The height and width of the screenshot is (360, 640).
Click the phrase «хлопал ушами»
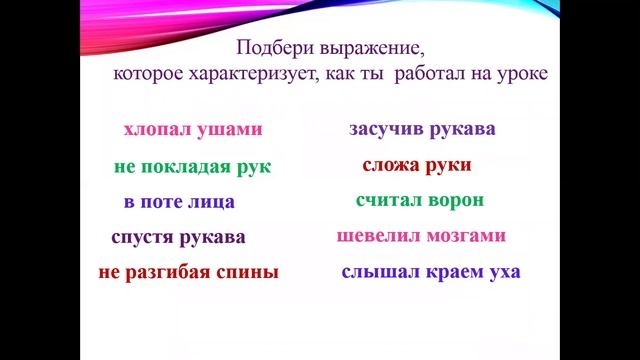(x=193, y=130)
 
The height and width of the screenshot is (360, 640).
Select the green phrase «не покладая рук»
(x=193, y=166)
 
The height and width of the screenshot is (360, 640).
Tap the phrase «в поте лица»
(x=179, y=202)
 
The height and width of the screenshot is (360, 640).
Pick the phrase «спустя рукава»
(x=178, y=238)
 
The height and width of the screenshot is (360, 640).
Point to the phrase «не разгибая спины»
(x=189, y=272)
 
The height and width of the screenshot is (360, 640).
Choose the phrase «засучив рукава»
(x=422, y=130)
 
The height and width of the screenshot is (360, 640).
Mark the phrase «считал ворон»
(x=420, y=200)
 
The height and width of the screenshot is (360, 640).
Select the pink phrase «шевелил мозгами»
(x=421, y=236)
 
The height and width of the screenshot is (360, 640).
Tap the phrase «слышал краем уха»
(x=431, y=272)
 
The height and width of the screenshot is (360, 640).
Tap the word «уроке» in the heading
(x=524, y=75)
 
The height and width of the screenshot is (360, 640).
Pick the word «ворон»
(x=455, y=200)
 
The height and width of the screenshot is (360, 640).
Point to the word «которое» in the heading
(x=146, y=75)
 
